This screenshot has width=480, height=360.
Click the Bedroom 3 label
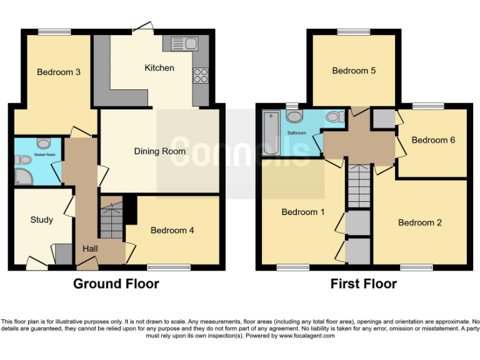(x=58, y=72)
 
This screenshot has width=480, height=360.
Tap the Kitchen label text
(x=159, y=67)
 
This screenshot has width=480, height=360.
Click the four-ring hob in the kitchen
(x=201, y=75)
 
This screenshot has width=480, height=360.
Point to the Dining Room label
(x=159, y=151)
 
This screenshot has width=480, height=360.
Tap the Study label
(x=41, y=220)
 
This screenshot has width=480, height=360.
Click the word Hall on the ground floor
(x=89, y=249)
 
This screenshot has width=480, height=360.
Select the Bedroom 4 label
(x=172, y=231)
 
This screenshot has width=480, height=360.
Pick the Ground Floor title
(x=116, y=284)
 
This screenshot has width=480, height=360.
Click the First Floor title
(x=363, y=284)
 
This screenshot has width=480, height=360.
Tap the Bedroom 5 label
(x=354, y=71)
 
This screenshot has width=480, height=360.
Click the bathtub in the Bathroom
(x=272, y=133)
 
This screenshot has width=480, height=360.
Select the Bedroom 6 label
(x=433, y=140)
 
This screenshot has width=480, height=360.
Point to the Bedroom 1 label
(x=302, y=212)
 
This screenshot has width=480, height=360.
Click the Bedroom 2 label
(x=419, y=222)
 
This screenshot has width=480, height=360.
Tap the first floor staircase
(x=359, y=186)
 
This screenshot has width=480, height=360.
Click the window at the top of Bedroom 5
(x=354, y=32)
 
